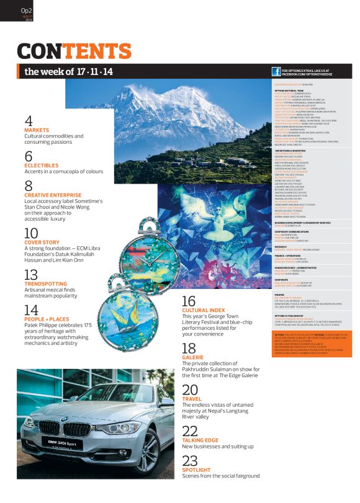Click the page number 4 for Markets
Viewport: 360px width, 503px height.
click(29, 120)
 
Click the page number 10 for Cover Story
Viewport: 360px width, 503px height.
click(31, 234)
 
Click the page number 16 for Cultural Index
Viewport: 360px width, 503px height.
click(189, 301)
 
